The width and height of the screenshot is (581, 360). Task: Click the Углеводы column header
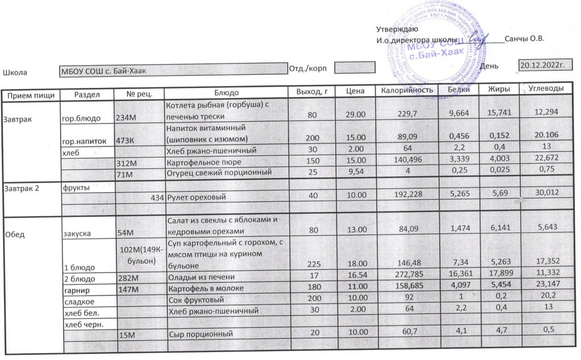545,90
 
